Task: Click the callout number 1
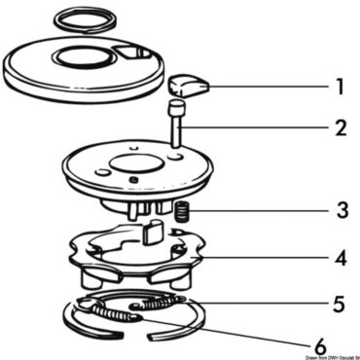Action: coord(338,88)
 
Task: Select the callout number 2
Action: coord(338,126)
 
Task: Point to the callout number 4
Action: coord(338,260)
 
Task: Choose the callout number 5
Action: coord(338,304)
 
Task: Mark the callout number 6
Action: coord(318,343)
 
